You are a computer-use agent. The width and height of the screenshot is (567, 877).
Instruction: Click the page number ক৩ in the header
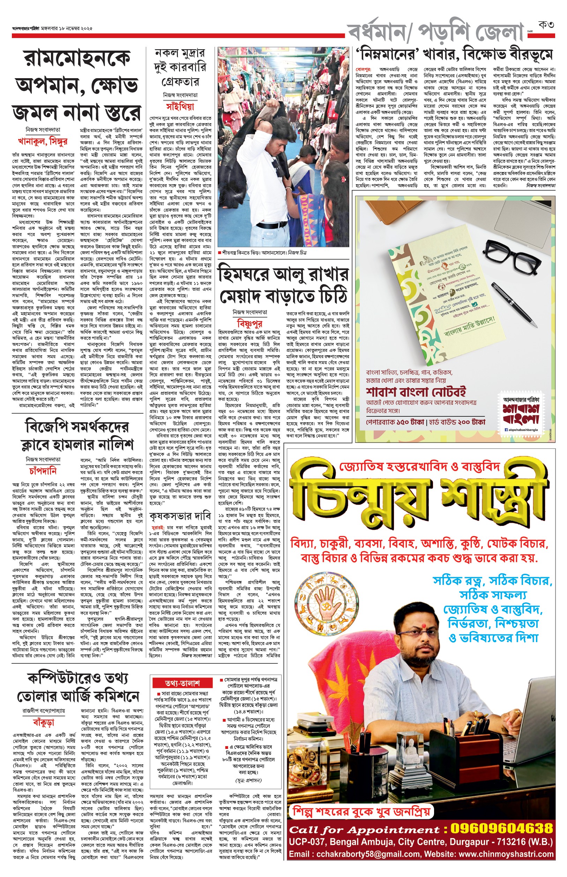pyautogui.click(x=546, y=25)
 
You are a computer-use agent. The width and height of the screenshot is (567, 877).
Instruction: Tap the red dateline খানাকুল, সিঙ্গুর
pyautogui.click(x=43, y=141)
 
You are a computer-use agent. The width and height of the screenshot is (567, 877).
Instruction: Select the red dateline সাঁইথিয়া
pyautogui.click(x=180, y=107)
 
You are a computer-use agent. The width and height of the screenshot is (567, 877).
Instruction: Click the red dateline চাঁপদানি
pyautogui.click(x=43, y=471)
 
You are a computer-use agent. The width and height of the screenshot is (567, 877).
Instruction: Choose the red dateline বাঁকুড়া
pyautogui.click(x=44, y=722)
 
